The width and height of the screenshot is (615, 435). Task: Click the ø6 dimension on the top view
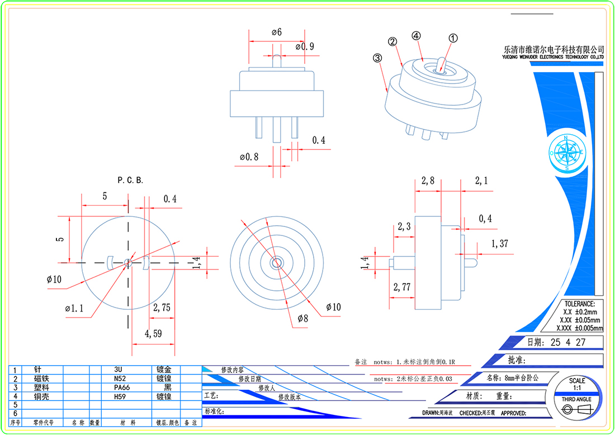click(277, 32)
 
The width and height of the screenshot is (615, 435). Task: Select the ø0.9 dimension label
click(304, 46)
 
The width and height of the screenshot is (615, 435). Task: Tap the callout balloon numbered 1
click(453, 38)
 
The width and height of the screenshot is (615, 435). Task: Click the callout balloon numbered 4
click(416, 35)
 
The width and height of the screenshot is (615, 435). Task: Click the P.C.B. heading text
click(130, 181)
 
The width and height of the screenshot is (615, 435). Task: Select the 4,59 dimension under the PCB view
click(153, 334)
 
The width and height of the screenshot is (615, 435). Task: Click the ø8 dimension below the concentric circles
click(302, 318)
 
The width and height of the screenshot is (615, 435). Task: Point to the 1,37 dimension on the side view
click(500, 243)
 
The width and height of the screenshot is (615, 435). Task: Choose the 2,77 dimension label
click(403, 287)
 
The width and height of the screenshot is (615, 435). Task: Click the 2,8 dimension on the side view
click(428, 181)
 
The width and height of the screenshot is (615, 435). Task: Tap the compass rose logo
click(566, 152)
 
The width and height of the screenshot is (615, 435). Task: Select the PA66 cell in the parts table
click(122, 387)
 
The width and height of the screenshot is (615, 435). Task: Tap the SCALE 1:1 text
click(577, 384)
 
